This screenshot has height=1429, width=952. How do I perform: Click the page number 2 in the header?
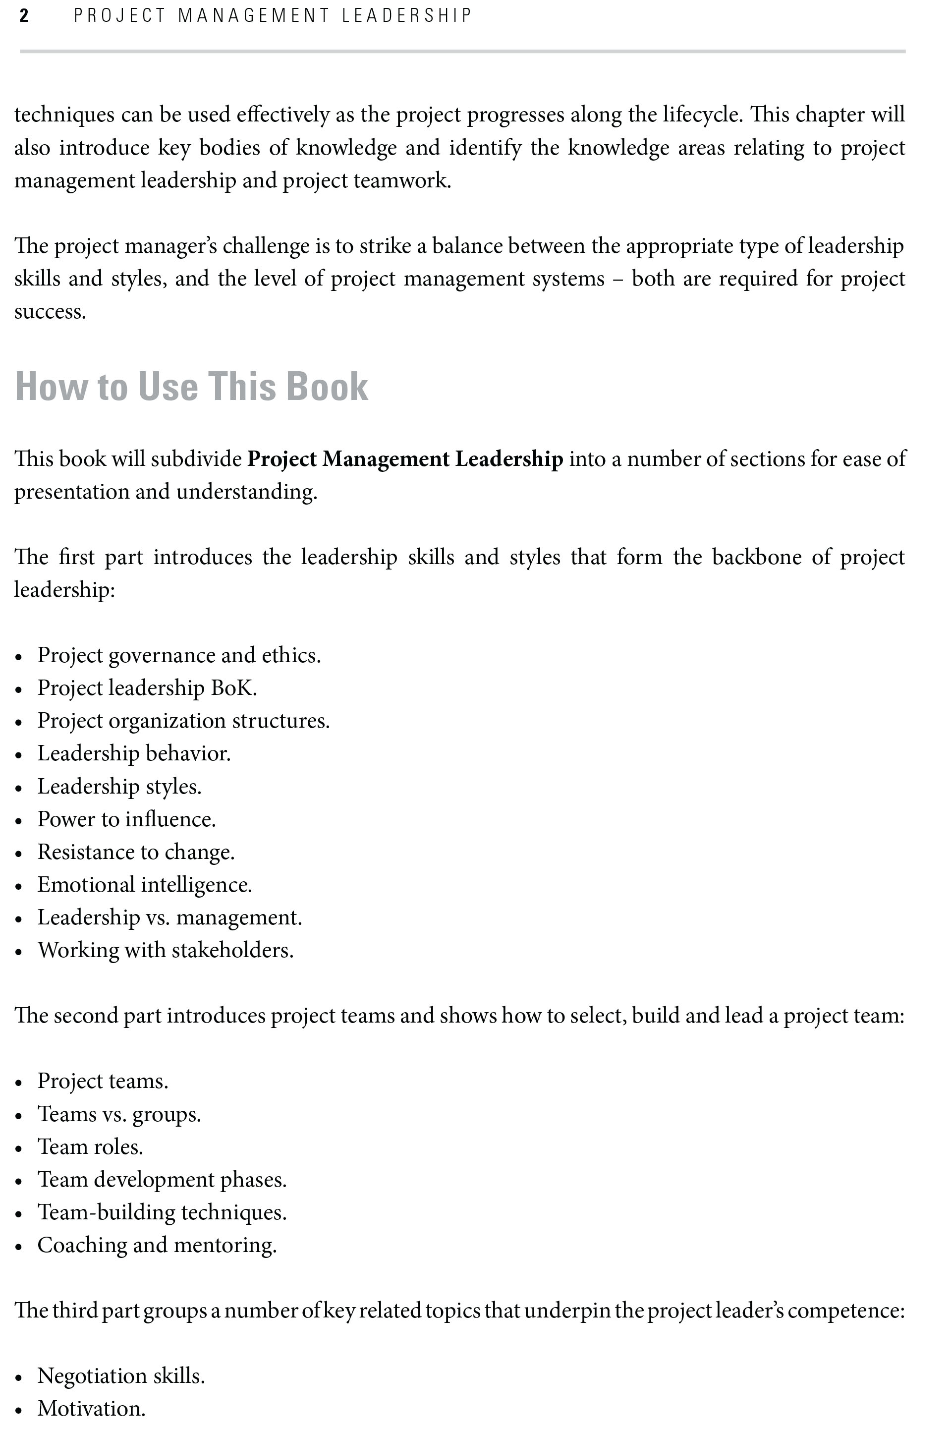point(24,16)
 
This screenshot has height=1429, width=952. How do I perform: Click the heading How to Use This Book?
point(191,386)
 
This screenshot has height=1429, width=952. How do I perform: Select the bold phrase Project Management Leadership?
point(405,459)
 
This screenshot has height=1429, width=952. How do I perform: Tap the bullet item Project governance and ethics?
point(179,655)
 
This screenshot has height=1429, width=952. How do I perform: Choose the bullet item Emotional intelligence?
point(145,885)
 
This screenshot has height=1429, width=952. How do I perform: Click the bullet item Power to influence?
point(126,819)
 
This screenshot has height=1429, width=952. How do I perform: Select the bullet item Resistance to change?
point(136,852)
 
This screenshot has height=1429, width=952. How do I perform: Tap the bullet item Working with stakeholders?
point(165,951)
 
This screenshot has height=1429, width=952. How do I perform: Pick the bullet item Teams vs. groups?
point(119,1114)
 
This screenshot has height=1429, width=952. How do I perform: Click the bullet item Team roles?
point(90,1147)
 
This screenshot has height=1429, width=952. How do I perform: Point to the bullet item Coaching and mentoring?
point(157,1246)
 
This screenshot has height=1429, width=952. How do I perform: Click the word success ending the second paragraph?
point(49,312)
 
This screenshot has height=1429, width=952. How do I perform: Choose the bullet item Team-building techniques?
point(162,1213)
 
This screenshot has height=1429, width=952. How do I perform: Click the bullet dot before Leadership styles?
point(19,788)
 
